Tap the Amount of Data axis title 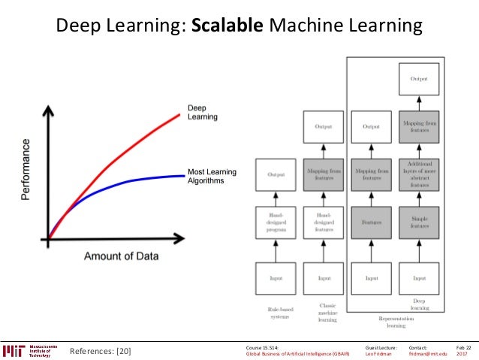[x=121, y=256]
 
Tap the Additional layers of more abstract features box [x=420, y=173]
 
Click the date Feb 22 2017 [x=464, y=351]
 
